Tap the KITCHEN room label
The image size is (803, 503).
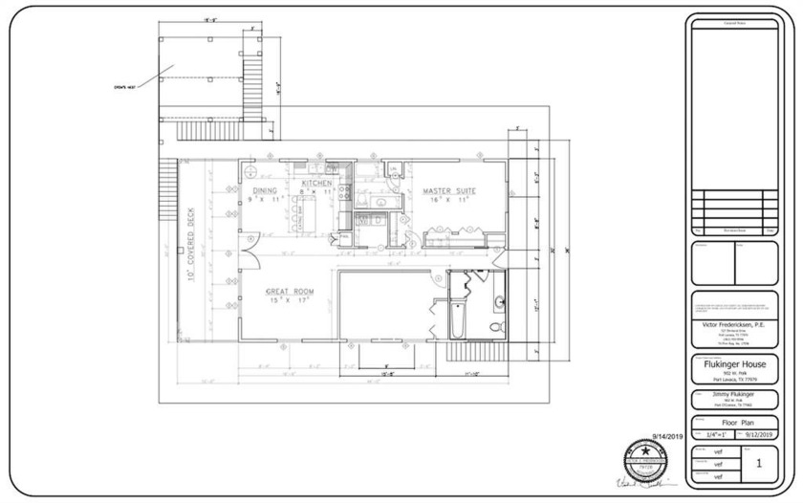(x=316, y=183)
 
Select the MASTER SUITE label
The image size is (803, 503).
(x=449, y=191)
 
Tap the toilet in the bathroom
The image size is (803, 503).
(x=496, y=327)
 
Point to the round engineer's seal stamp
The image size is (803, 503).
(x=644, y=453)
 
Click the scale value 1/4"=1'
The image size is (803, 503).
(x=712, y=434)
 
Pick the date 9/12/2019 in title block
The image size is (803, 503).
(x=755, y=434)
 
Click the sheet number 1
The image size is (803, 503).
(x=758, y=463)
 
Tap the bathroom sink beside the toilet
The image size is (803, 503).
(x=499, y=304)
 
